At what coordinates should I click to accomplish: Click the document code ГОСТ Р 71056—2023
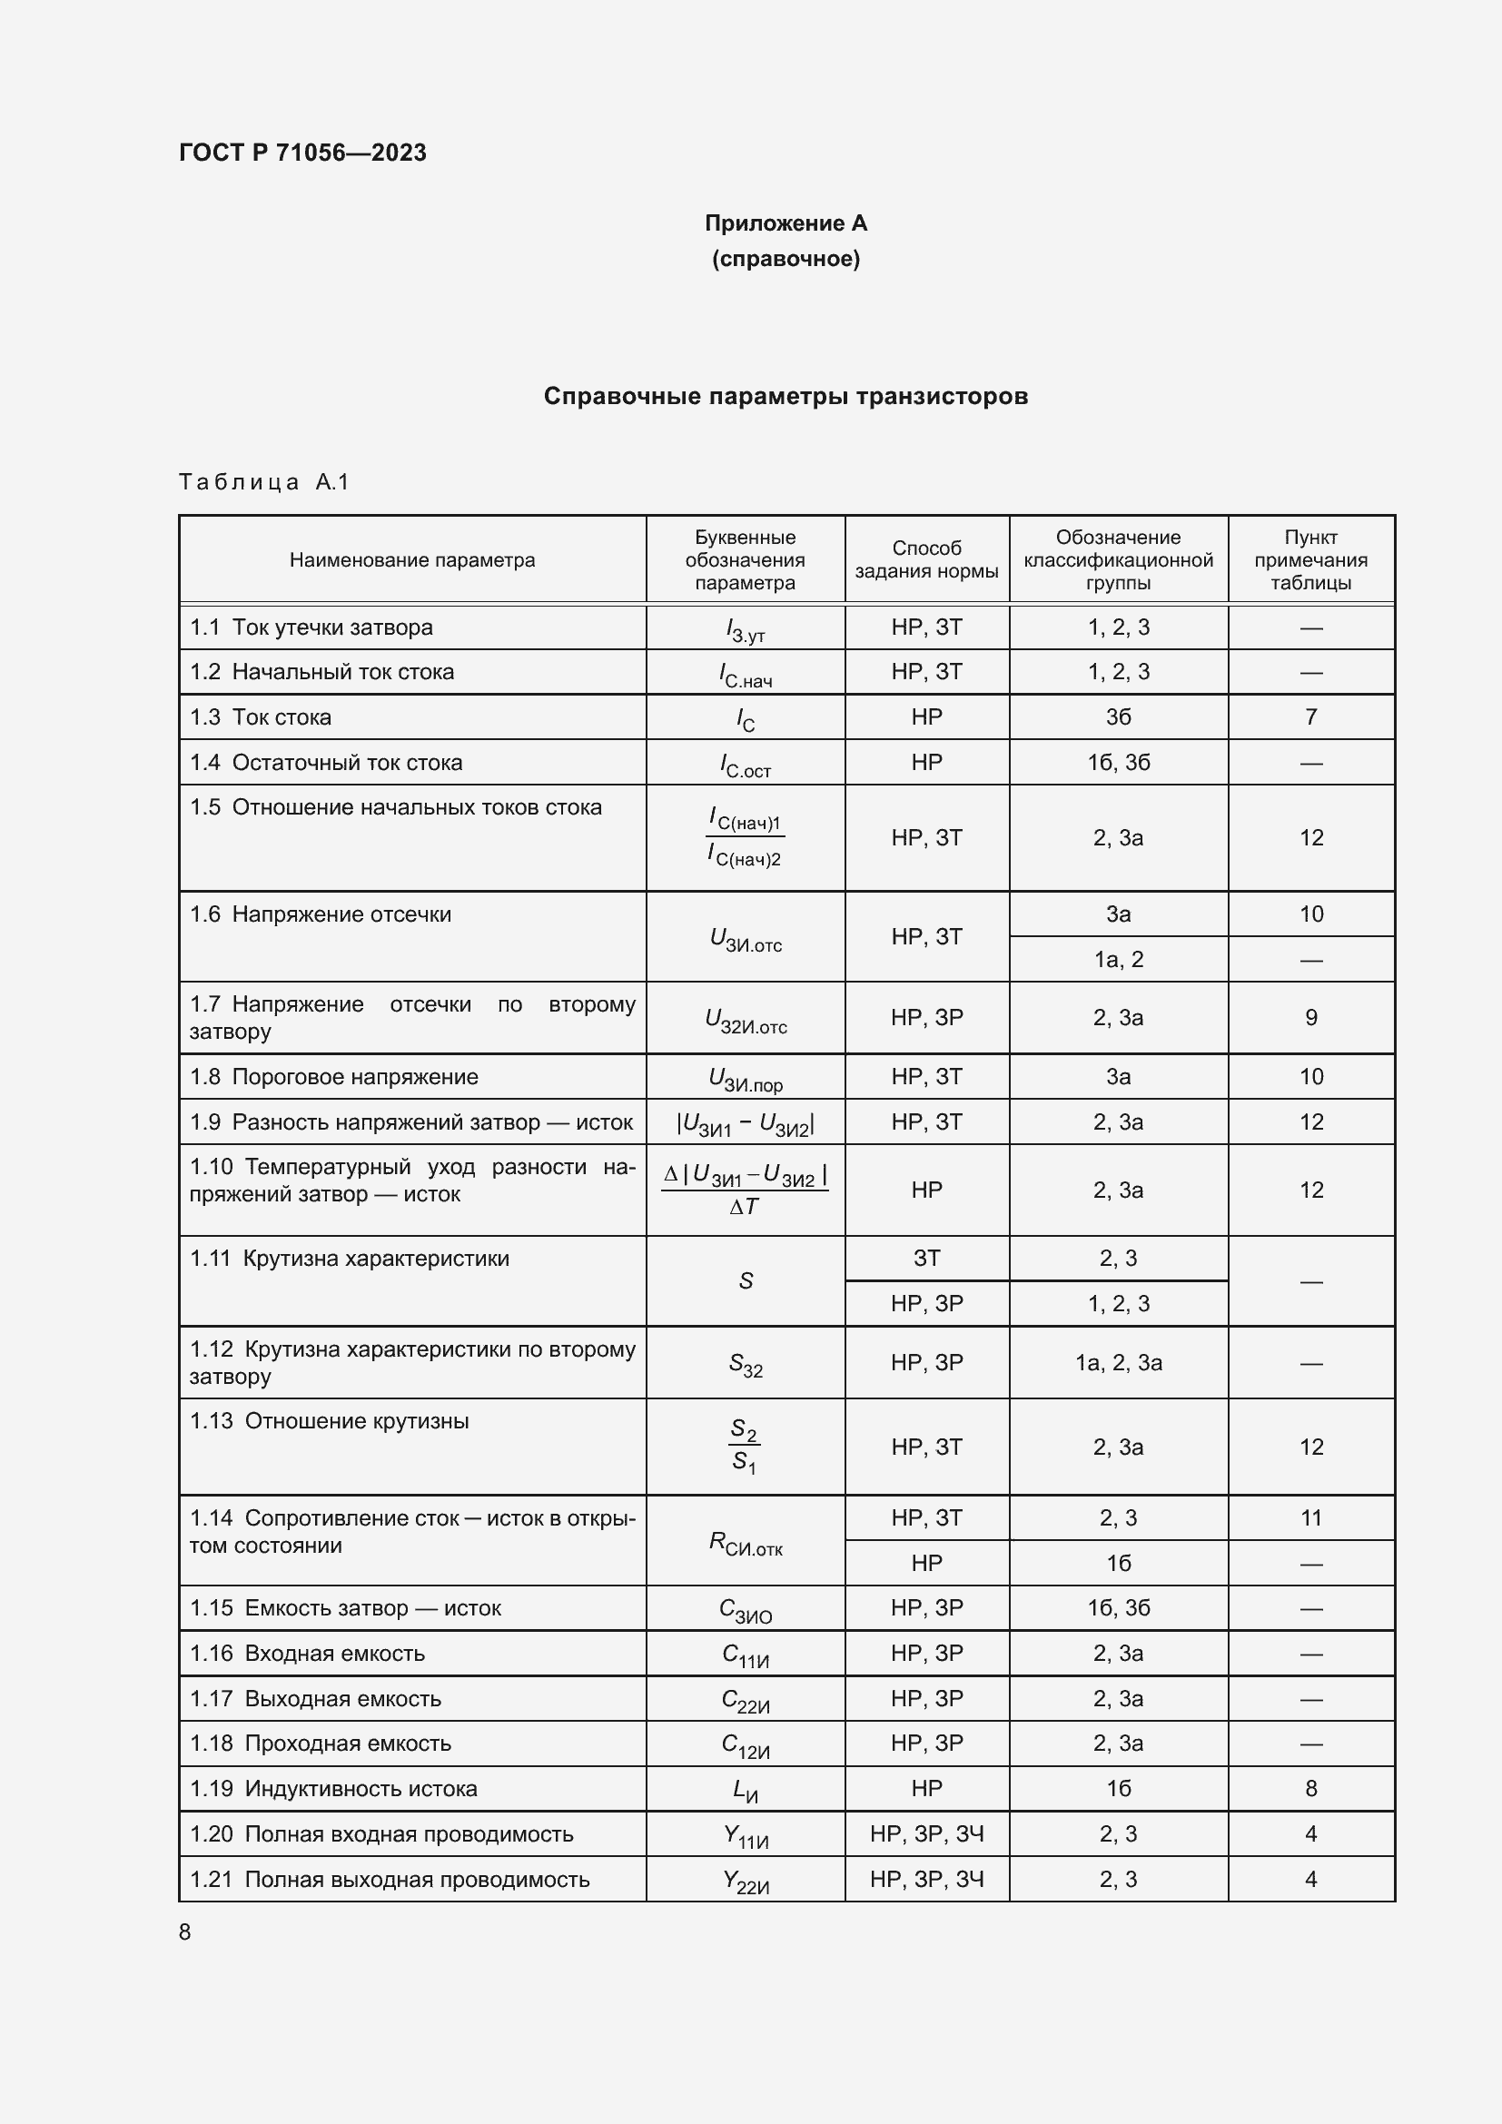click(x=302, y=153)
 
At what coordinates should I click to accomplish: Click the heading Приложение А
click(x=786, y=223)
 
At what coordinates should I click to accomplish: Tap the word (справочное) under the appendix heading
click(x=786, y=259)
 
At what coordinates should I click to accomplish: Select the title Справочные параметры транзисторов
click(x=786, y=396)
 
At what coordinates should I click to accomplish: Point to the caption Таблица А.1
click(x=263, y=482)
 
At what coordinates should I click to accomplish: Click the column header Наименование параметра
click(x=411, y=559)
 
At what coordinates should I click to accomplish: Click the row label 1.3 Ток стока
click(x=261, y=717)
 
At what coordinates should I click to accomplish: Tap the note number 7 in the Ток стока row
click(x=1310, y=717)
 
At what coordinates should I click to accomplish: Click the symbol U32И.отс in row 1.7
click(x=746, y=1020)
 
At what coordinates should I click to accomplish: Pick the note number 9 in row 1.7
click(x=1310, y=1018)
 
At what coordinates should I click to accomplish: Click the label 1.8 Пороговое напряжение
click(x=334, y=1077)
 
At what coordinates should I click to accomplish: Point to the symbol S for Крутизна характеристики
click(x=746, y=1281)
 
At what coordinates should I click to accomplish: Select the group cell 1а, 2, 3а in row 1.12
click(x=1118, y=1363)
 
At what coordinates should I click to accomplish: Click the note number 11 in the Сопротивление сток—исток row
click(x=1310, y=1518)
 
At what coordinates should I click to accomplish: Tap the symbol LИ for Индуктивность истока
click(x=746, y=1790)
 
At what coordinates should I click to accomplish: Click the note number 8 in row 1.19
click(x=1310, y=1788)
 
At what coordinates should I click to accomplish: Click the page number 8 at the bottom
click(x=185, y=1931)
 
